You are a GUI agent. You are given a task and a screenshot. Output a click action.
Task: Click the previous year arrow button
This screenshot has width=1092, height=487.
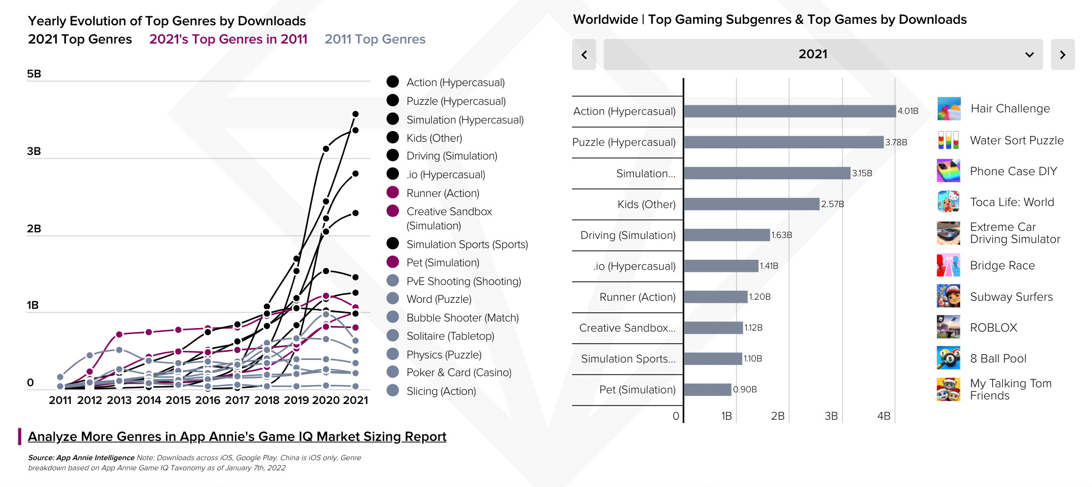click(584, 55)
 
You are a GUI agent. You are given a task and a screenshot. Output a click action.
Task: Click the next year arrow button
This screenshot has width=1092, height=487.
click(1062, 55)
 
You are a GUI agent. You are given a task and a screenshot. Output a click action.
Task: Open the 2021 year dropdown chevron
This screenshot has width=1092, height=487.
click(1029, 55)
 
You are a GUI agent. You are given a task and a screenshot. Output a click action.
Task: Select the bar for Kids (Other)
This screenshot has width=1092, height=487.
click(751, 204)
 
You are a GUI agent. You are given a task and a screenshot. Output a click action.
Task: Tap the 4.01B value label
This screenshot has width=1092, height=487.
click(908, 111)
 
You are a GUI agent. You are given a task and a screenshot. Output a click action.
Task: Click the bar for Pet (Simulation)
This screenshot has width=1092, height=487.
click(707, 389)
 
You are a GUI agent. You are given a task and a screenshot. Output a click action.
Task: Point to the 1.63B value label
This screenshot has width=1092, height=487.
click(782, 235)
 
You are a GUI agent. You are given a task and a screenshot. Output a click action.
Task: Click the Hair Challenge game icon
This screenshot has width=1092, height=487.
click(948, 109)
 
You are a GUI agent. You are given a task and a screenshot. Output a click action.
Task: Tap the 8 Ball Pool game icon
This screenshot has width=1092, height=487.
click(948, 358)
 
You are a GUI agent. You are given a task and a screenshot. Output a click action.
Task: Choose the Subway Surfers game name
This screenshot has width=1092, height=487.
click(1011, 297)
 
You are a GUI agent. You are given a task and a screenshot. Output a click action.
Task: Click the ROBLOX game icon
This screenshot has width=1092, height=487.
click(948, 328)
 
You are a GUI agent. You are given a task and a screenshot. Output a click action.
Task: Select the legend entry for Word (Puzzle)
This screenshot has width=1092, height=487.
click(438, 299)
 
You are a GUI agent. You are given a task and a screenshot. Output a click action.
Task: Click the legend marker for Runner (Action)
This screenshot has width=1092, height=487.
click(393, 193)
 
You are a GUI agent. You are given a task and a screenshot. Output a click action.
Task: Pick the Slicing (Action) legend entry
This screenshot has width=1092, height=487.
click(440, 391)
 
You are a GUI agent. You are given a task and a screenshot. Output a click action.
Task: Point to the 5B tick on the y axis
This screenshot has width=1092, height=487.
click(34, 74)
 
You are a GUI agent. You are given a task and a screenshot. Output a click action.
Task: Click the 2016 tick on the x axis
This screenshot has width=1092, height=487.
click(208, 400)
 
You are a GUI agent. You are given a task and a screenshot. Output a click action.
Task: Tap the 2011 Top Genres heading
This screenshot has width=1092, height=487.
click(375, 39)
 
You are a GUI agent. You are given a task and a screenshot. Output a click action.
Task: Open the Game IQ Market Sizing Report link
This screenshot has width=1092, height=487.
click(237, 436)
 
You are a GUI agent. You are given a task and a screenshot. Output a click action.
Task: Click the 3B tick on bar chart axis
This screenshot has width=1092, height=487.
click(831, 416)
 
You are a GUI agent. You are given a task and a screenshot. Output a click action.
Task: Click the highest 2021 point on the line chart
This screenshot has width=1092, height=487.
click(355, 114)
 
